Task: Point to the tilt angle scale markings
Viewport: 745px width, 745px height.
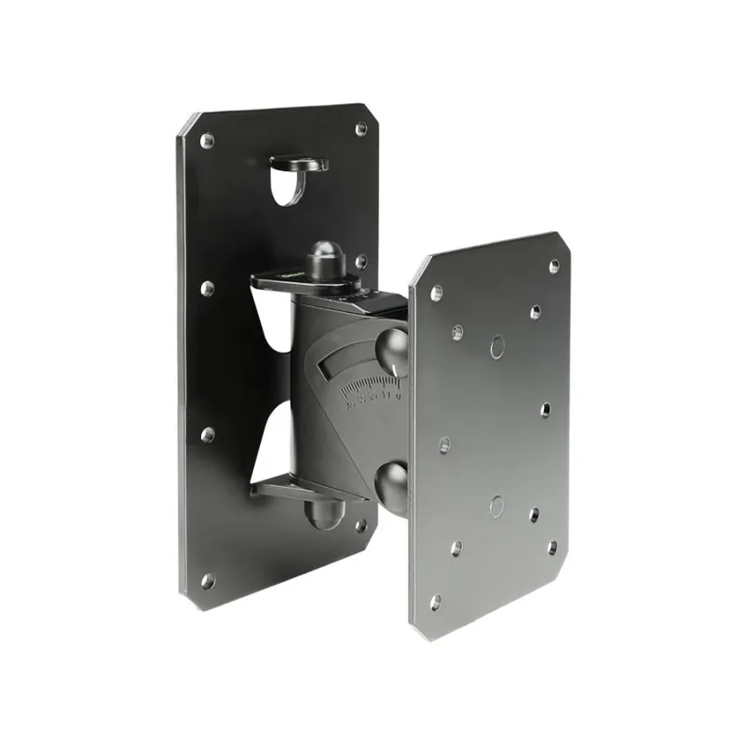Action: tap(372, 391)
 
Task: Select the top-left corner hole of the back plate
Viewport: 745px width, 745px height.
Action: tap(207, 141)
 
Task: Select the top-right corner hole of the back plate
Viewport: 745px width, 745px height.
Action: tap(360, 129)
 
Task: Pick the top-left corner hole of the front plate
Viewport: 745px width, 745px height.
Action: tap(436, 291)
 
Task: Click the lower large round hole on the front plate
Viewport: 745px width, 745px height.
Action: tap(496, 506)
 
